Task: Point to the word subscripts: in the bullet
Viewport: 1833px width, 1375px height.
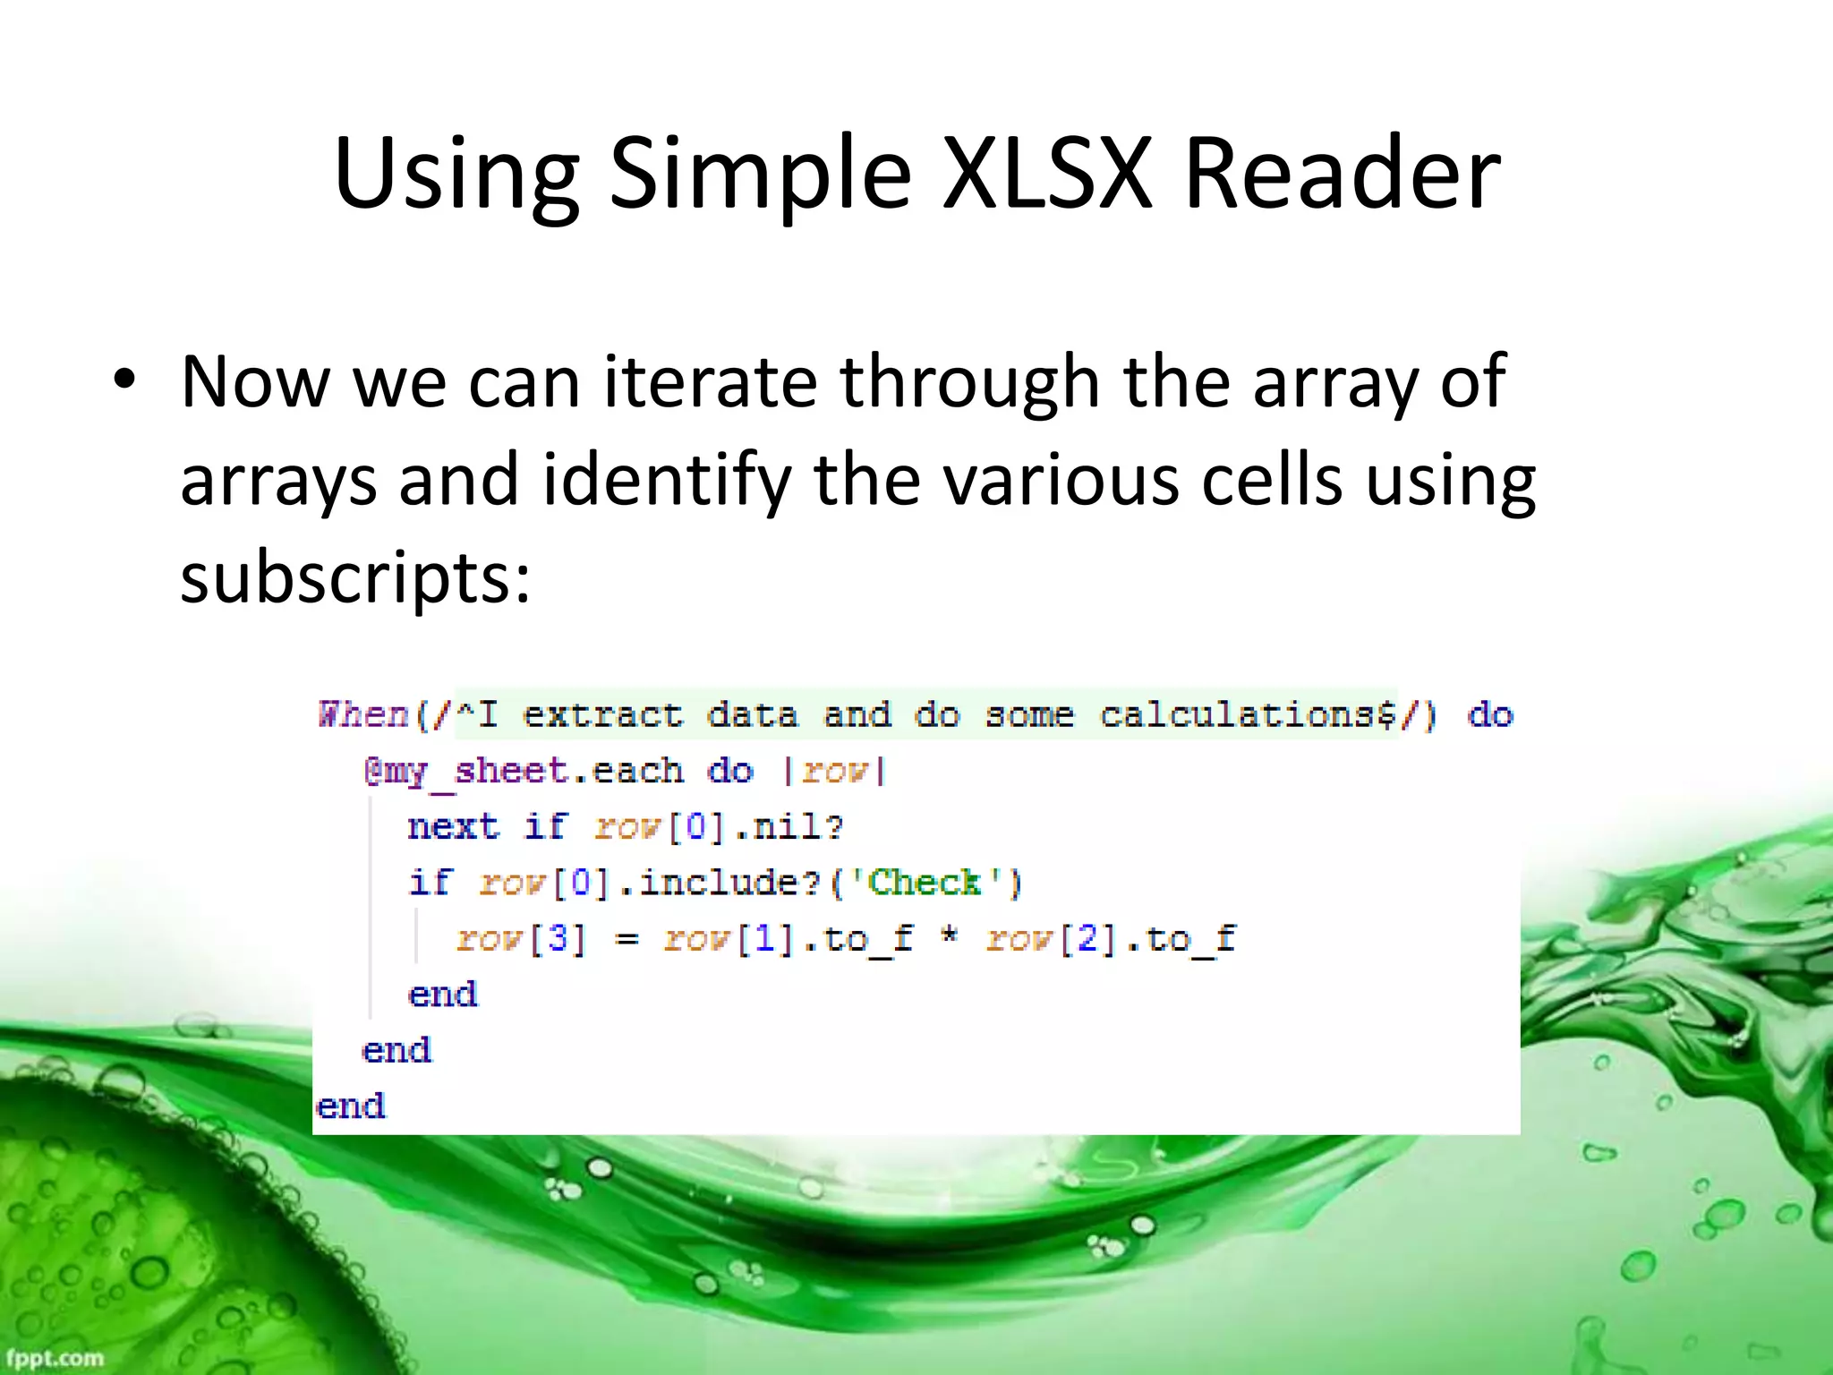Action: (x=355, y=577)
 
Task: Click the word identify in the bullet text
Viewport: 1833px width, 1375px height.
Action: (x=666, y=479)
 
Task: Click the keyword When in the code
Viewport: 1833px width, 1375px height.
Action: (x=363, y=714)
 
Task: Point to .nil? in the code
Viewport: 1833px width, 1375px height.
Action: (x=789, y=826)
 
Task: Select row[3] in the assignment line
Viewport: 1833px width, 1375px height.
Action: (x=521, y=939)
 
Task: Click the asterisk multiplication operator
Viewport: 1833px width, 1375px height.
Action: (x=949, y=937)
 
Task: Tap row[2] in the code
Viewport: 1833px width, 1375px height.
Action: (x=1052, y=939)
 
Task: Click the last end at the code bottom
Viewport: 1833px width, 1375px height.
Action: (x=351, y=1106)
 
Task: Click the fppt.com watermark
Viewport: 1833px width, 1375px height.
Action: (x=55, y=1357)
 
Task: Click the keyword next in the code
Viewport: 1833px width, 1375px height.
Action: (x=453, y=826)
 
